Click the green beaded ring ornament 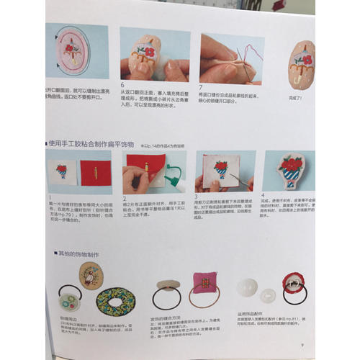pos(115,301)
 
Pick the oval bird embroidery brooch pos(91,276)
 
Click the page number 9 pos(303,347)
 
